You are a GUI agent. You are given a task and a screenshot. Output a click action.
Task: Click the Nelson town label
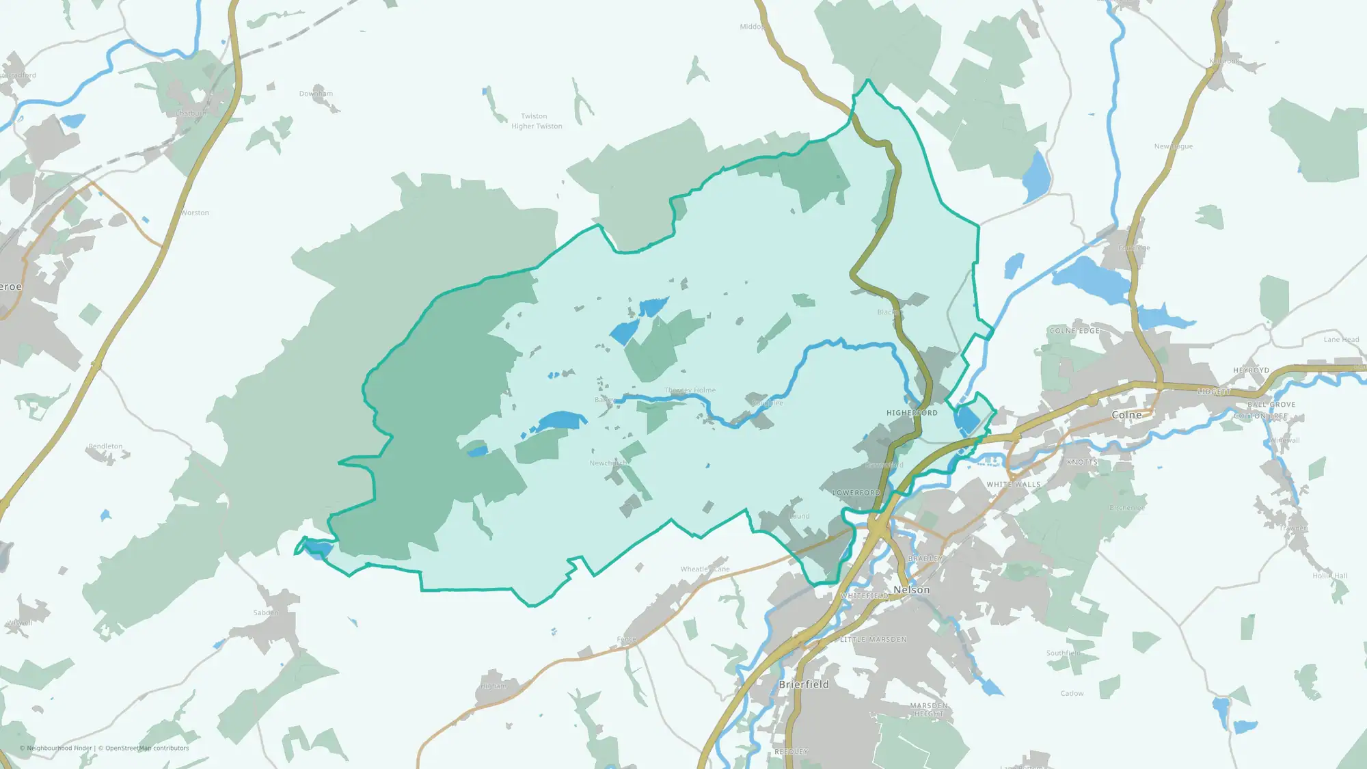coord(911,590)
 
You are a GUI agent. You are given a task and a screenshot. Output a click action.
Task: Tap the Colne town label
coord(1126,415)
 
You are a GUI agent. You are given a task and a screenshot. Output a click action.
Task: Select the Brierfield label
coord(804,684)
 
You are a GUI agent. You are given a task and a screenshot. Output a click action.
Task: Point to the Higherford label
coord(912,413)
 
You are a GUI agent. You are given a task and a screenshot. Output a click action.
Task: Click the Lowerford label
coord(856,493)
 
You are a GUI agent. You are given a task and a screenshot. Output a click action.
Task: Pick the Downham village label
coord(316,94)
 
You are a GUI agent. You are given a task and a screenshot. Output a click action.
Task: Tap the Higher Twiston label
coord(537,126)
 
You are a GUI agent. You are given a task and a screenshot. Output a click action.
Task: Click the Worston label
coord(195,213)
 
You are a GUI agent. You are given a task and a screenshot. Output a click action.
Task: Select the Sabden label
coord(265,613)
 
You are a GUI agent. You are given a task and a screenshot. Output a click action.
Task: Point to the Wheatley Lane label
coord(705,569)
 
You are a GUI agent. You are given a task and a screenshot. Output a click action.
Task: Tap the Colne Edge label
coord(1074,331)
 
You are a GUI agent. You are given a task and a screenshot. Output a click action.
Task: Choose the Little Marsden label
coord(873,640)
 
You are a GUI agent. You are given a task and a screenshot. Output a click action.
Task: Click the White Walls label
coord(1013,485)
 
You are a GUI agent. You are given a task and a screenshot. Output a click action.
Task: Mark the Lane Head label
coord(1341,340)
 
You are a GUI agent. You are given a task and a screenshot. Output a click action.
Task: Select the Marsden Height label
coord(928,710)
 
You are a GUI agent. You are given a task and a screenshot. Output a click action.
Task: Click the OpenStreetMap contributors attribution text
coord(144,748)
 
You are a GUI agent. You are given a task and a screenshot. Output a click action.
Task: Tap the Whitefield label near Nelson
coord(865,596)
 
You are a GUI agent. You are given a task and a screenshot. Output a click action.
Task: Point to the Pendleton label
coord(105,446)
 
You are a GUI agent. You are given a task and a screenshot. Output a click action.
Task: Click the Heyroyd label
coord(1251,370)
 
